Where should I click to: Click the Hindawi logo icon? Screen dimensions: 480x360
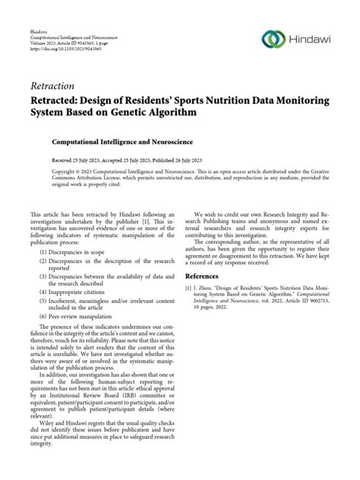pyautogui.click(x=272, y=38)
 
